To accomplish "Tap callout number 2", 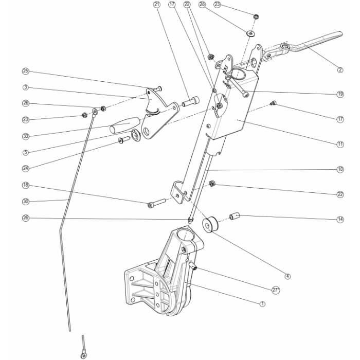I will pyautogui.click(x=339, y=70).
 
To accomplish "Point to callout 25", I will pyautogui.click(x=25, y=71).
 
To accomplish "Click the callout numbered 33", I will pyautogui.click(x=25, y=136).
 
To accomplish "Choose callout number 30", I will pyautogui.click(x=25, y=201).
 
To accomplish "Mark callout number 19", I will pyautogui.click(x=339, y=94).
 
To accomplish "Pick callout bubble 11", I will pyautogui.click(x=339, y=145).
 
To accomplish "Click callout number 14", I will pyautogui.click(x=339, y=220).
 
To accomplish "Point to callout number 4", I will pyautogui.click(x=287, y=276).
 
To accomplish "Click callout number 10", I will pyautogui.click(x=339, y=169).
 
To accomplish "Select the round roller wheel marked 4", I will pyautogui.click(x=210, y=225).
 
